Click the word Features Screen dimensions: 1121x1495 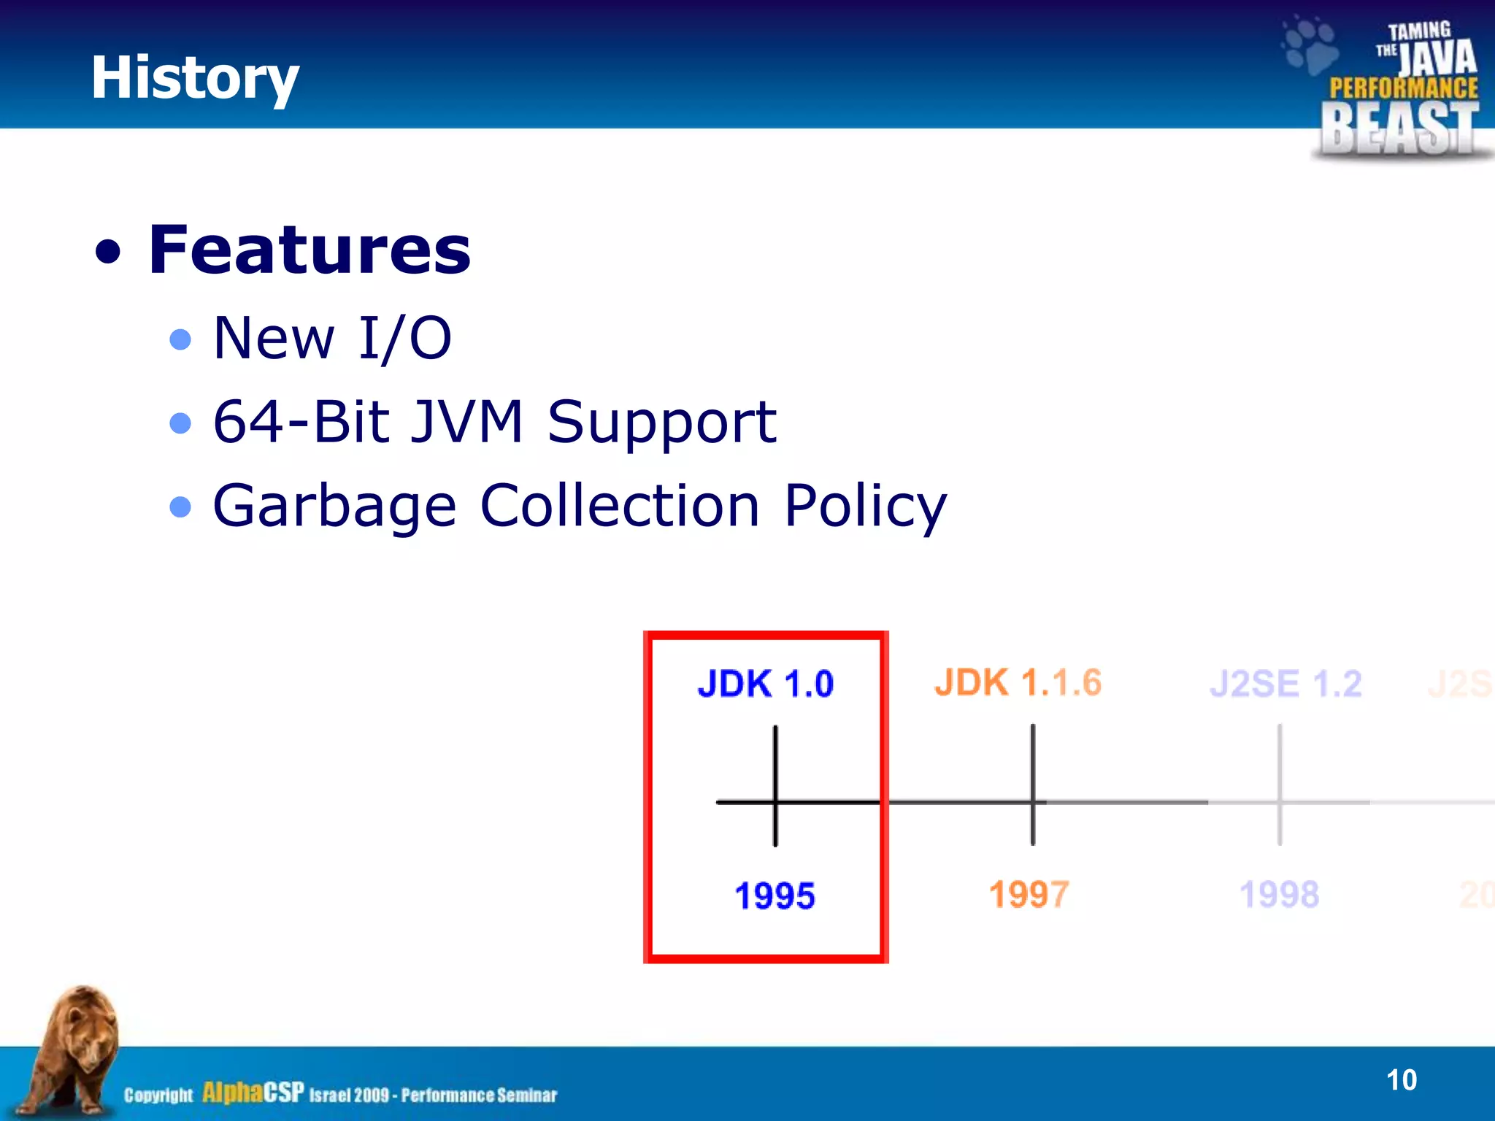[x=310, y=250]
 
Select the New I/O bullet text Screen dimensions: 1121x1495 [x=332, y=338]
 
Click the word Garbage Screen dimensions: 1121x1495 [x=334, y=506]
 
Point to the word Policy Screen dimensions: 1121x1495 [x=864, y=506]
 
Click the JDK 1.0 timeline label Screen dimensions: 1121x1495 [x=765, y=684]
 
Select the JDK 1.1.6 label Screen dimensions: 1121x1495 [x=1018, y=683]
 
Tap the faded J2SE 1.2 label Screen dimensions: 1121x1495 [x=1285, y=684]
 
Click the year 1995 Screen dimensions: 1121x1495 [x=775, y=895]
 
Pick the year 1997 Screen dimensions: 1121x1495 [x=1029, y=894]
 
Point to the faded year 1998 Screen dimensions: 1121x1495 [x=1279, y=894]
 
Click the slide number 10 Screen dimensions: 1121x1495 [x=1401, y=1080]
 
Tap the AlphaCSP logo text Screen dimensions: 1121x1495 [x=253, y=1093]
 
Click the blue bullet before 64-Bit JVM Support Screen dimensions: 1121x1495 [x=180, y=423]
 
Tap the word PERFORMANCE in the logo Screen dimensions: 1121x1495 [x=1403, y=88]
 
